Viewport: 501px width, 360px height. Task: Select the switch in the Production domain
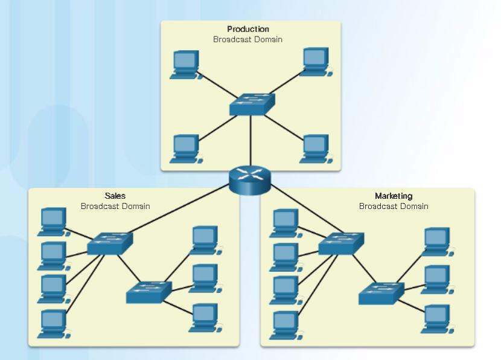[252, 104]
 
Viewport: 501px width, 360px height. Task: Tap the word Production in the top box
[248, 29]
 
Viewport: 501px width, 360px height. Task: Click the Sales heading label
[115, 196]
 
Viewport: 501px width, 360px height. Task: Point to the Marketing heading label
[394, 196]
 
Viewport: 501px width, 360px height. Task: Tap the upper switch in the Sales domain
[109, 243]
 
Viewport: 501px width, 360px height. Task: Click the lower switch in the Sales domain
[149, 292]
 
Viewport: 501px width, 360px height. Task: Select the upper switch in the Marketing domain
[341, 243]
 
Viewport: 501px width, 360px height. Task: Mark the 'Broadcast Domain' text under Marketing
[394, 206]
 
